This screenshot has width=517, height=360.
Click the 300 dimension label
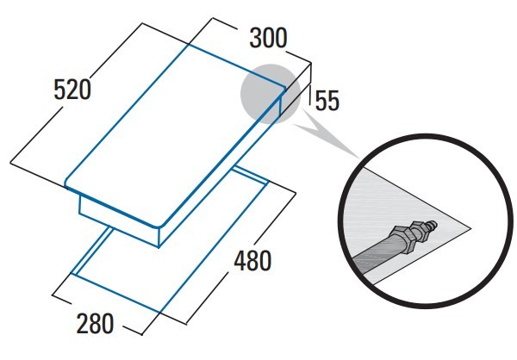pyautogui.click(x=268, y=38)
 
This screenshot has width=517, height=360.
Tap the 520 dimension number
pyautogui.click(x=72, y=90)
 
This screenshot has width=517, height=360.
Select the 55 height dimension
pyautogui.click(x=327, y=101)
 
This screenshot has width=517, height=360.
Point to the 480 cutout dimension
pyautogui.click(x=252, y=261)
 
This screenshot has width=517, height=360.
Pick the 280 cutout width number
pyautogui.click(x=95, y=324)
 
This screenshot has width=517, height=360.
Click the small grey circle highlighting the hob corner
pyautogui.click(x=271, y=94)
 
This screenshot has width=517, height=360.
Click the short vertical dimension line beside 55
pyautogui.click(x=310, y=95)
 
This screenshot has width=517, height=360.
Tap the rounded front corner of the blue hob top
pyautogui.click(x=160, y=226)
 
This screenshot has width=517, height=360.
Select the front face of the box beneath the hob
pyautogui.click(x=119, y=221)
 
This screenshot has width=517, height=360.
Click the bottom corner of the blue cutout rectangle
pyautogui.click(x=159, y=312)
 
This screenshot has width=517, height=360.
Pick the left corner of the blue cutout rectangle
pyautogui.click(x=73, y=273)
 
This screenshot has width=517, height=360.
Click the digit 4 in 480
pyautogui.click(x=240, y=261)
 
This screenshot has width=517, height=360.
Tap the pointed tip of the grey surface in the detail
pyautogui.click(x=470, y=228)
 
